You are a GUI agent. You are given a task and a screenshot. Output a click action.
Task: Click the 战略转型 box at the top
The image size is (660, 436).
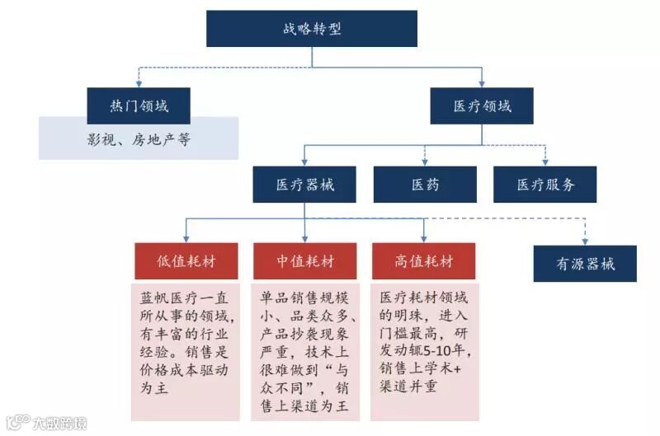click(x=312, y=28)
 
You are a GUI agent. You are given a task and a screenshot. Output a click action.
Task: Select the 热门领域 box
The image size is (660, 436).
click(x=139, y=105)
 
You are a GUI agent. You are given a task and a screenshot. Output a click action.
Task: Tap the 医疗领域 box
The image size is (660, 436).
click(x=482, y=105)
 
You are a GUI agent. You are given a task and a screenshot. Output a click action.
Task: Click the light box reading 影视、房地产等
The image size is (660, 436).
click(x=139, y=138)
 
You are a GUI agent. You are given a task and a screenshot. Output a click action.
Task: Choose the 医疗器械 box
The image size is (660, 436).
click(x=304, y=184)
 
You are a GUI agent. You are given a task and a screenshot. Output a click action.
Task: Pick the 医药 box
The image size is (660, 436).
click(x=425, y=184)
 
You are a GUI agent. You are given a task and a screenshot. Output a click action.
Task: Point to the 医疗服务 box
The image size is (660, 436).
click(x=545, y=184)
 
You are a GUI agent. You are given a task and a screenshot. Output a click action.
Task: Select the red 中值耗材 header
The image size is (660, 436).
click(x=304, y=261)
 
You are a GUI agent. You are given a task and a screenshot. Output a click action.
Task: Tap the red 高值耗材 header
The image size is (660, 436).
click(x=424, y=261)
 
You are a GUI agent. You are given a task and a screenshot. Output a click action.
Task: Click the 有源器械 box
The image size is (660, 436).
click(x=585, y=264)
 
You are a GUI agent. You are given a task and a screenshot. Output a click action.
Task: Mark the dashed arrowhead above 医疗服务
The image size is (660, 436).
click(x=545, y=161)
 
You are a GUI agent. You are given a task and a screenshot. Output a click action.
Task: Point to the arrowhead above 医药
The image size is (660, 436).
click(x=425, y=161)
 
